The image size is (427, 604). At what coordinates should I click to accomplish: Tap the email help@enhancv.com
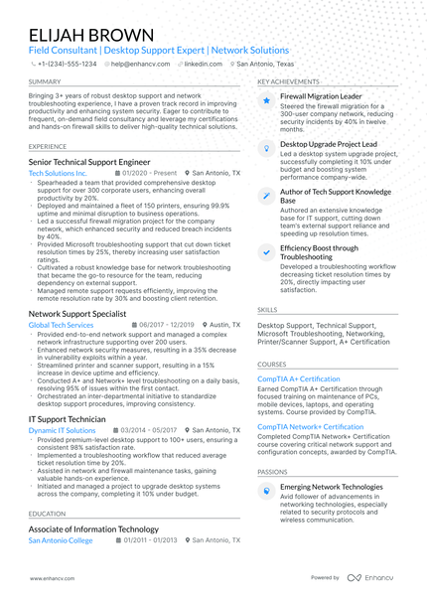(x=137, y=63)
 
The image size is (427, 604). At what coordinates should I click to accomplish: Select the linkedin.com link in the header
(x=202, y=63)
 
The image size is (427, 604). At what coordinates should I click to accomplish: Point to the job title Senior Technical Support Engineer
(x=89, y=160)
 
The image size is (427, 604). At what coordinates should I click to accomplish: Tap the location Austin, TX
(x=224, y=325)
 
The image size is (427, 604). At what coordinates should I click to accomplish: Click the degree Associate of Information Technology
(x=93, y=529)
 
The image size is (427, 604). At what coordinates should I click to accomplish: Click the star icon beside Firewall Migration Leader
(x=266, y=101)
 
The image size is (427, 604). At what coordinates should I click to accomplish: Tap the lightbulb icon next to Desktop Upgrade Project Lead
(x=266, y=146)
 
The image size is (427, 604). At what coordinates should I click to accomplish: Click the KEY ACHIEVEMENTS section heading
(x=288, y=81)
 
